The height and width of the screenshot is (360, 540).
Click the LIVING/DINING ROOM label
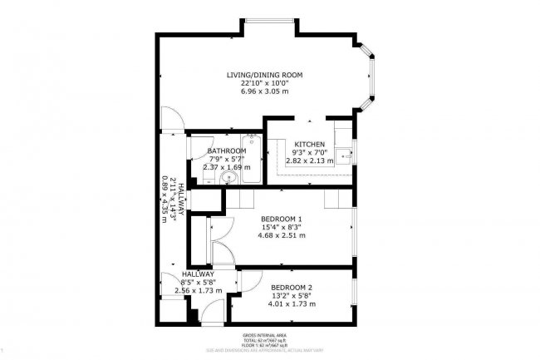pyautogui.click(x=265, y=75)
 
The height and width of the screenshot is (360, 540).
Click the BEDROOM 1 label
pyautogui.click(x=271, y=219)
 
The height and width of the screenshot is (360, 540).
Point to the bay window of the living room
pyautogui.click(x=371, y=80)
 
